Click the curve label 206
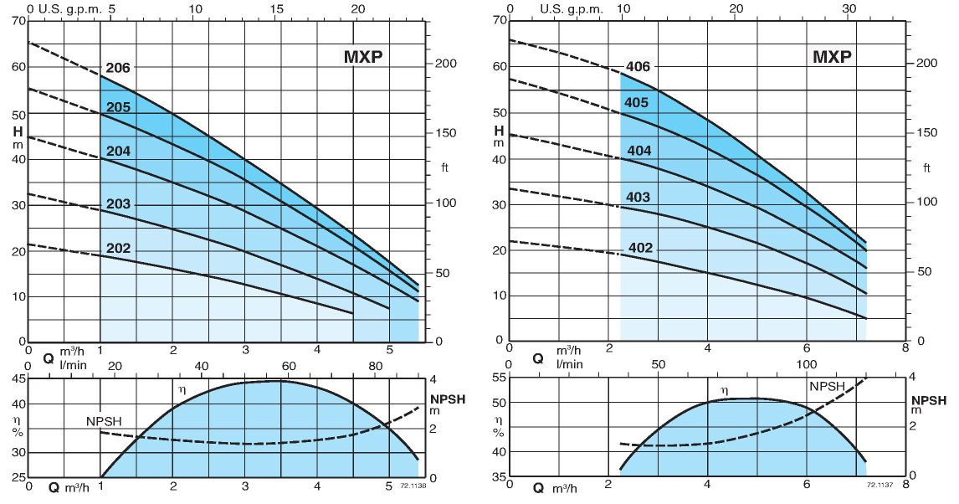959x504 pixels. (x=117, y=68)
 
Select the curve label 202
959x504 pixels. (x=117, y=248)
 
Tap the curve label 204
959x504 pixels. (x=117, y=152)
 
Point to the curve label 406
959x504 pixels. (x=638, y=67)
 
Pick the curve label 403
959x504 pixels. (x=638, y=198)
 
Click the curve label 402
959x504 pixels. (x=639, y=248)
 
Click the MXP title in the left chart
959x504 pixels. (x=367, y=57)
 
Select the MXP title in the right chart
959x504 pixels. (x=832, y=57)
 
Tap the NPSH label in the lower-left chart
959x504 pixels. (x=104, y=420)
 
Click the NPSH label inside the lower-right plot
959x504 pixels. (x=827, y=386)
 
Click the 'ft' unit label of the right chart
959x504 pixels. (x=926, y=167)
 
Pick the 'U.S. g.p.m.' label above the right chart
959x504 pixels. (x=571, y=8)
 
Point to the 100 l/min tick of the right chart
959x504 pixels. (x=806, y=365)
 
